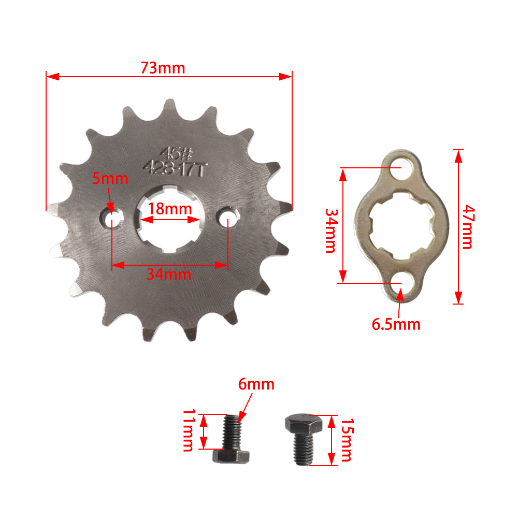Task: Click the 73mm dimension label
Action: click(162, 68)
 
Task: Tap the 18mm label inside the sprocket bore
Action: click(170, 209)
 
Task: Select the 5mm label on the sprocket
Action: click(110, 179)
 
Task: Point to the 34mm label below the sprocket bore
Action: click(168, 274)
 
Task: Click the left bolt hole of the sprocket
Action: click(112, 220)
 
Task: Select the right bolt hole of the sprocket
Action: click(228, 220)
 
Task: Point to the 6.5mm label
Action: click(396, 324)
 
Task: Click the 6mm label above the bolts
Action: click(256, 385)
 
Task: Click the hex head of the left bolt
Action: click(232, 456)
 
